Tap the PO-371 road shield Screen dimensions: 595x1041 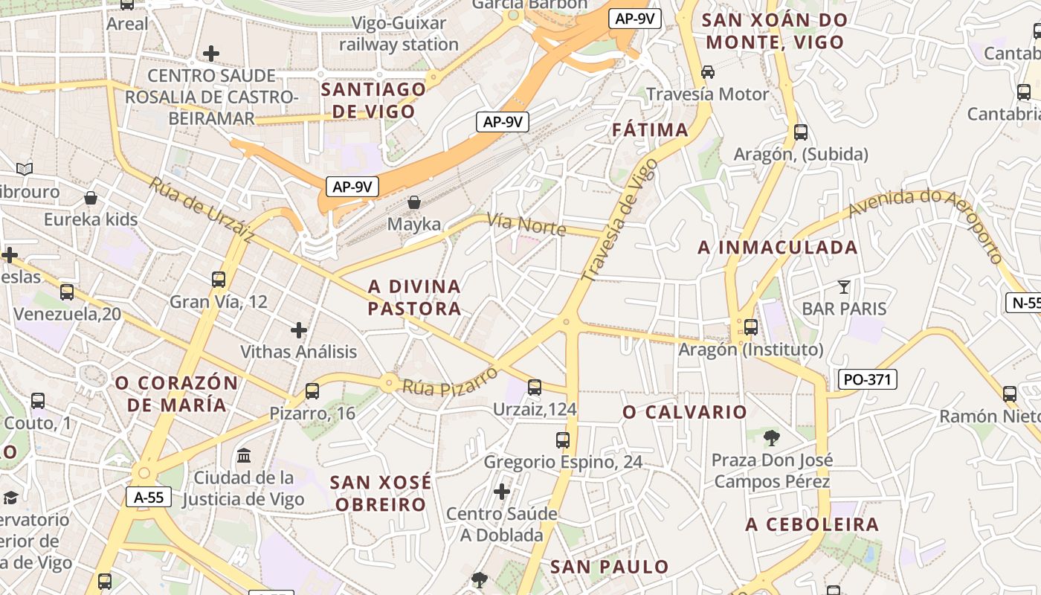[867, 379]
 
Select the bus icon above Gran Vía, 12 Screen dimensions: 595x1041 [218, 280]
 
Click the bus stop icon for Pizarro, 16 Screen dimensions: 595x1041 [312, 391]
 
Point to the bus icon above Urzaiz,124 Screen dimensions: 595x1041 [534, 387]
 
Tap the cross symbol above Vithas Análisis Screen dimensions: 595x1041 [299, 329]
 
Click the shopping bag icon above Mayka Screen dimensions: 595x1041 [414, 202]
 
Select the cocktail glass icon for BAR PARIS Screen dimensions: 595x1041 [843, 286]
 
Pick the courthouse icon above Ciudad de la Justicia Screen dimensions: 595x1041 [244, 454]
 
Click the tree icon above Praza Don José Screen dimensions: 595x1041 [772, 438]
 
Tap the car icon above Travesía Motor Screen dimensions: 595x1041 [707, 72]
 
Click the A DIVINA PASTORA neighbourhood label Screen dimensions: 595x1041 [415, 297]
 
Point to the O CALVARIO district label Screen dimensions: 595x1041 [684, 412]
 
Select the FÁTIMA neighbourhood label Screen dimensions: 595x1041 [650, 130]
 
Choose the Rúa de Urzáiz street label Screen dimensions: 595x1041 [201, 210]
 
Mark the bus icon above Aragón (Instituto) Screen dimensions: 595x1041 [751, 327]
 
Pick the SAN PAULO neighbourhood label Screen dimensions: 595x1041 [610, 567]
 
